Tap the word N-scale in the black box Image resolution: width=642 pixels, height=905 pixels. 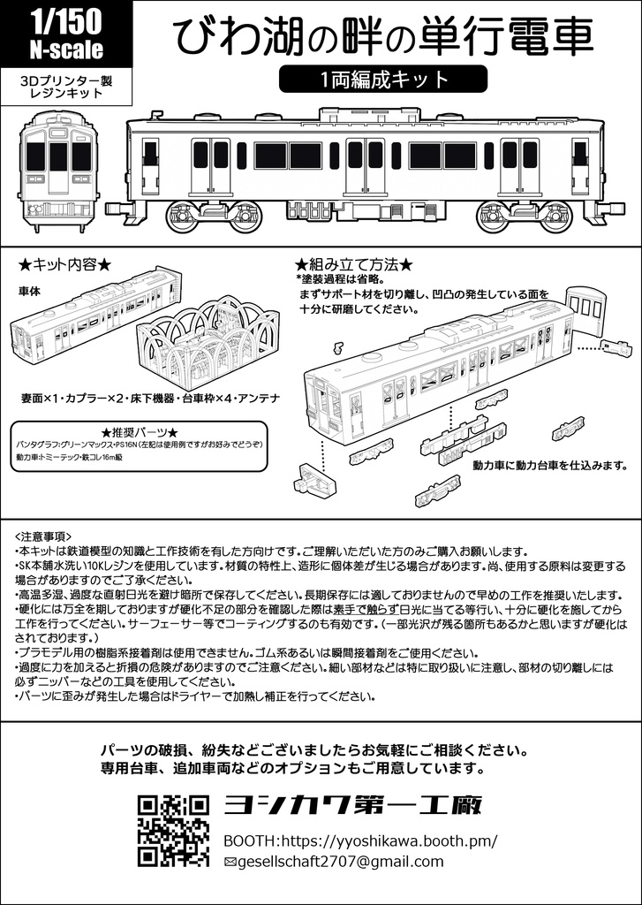[65, 49]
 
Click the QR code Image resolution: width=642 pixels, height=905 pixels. [173, 830]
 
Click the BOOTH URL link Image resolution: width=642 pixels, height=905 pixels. [360, 840]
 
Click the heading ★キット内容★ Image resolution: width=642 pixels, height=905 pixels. [65, 264]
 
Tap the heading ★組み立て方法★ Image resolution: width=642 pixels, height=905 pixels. [353, 264]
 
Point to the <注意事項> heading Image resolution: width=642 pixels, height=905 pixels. [44, 536]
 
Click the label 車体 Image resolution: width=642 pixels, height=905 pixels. [29, 290]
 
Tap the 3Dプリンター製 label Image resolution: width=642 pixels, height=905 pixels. [66, 79]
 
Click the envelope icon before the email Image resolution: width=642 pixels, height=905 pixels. [230, 863]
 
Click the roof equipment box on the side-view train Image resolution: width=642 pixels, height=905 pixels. [367, 113]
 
